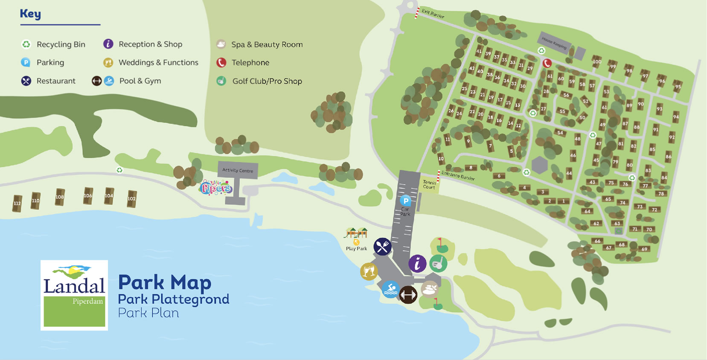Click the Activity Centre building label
click(238, 170)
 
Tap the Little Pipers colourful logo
click(216, 188)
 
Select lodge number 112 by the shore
click(17, 203)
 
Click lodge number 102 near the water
click(131, 199)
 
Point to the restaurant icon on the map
click(382, 247)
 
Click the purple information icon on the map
click(417, 264)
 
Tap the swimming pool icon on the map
click(390, 290)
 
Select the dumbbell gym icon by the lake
click(408, 295)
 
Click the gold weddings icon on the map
click(369, 271)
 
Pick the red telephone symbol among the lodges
click(547, 63)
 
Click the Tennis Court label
click(429, 185)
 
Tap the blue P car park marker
click(405, 200)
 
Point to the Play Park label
click(356, 249)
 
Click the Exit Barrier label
click(433, 14)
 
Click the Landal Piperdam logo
click(74, 295)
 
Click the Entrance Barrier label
click(458, 175)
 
